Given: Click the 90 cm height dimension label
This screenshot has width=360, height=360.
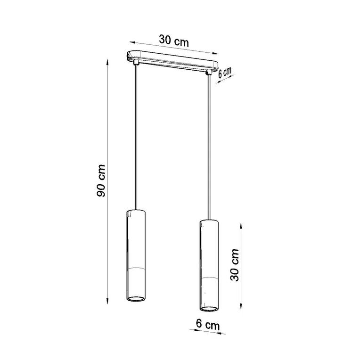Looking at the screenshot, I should coord(101,182).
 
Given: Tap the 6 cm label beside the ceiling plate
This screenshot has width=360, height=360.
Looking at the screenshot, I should coord(225,73).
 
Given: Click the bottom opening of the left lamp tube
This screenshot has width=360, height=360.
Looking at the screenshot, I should coord(137,299).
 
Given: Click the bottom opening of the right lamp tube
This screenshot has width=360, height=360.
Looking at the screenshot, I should coord(208,309).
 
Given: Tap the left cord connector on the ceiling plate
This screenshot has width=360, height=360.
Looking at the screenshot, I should coord(136,62).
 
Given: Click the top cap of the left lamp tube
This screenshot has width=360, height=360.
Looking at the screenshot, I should coord(137,211).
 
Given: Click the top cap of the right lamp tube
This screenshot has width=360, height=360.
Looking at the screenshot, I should coord(208,221).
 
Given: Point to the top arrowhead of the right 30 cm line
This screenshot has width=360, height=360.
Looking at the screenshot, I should coord(241,225).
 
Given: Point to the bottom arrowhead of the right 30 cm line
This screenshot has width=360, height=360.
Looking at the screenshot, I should coord(241,306).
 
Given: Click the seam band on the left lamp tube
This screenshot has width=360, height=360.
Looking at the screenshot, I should coord(137,269).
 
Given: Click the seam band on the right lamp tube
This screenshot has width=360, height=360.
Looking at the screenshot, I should coord(208,278).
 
